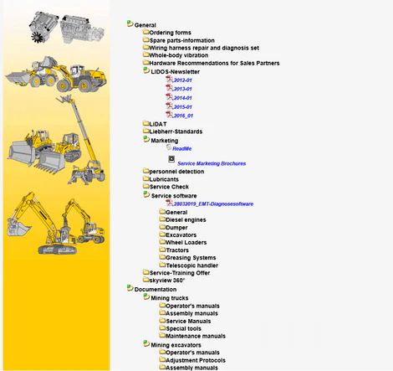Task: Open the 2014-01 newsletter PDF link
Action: [182, 98]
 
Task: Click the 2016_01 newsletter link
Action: [183, 116]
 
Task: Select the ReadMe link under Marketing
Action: [181, 149]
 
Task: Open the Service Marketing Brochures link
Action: [212, 163]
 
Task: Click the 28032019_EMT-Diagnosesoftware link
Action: [213, 204]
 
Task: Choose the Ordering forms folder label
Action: [170, 33]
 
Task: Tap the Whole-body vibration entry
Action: [179, 55]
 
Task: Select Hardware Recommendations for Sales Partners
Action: [214, 63]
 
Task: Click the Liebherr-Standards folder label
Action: [176, 131]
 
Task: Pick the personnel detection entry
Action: [176, 172]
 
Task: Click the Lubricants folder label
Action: [164, 179]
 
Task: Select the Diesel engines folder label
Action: [186, 220]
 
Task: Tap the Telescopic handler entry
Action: [192, 265]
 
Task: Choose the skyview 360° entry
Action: [167, 281]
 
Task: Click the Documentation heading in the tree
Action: [156, 290]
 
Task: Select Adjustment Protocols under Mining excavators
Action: [196, 360]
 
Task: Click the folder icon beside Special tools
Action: [162, 327]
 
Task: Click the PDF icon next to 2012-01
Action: [169, 80]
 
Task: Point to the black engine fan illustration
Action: [37, 37]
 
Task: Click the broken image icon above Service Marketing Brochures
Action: [171, 159]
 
